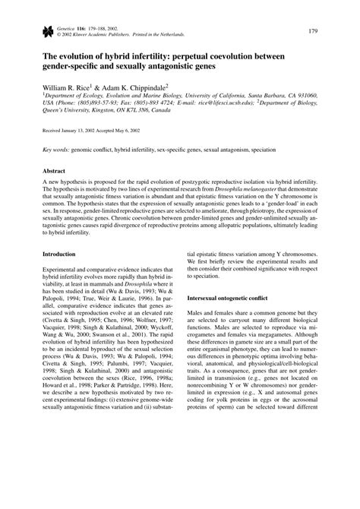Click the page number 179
314,30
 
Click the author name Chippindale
144,88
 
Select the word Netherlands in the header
168,35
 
